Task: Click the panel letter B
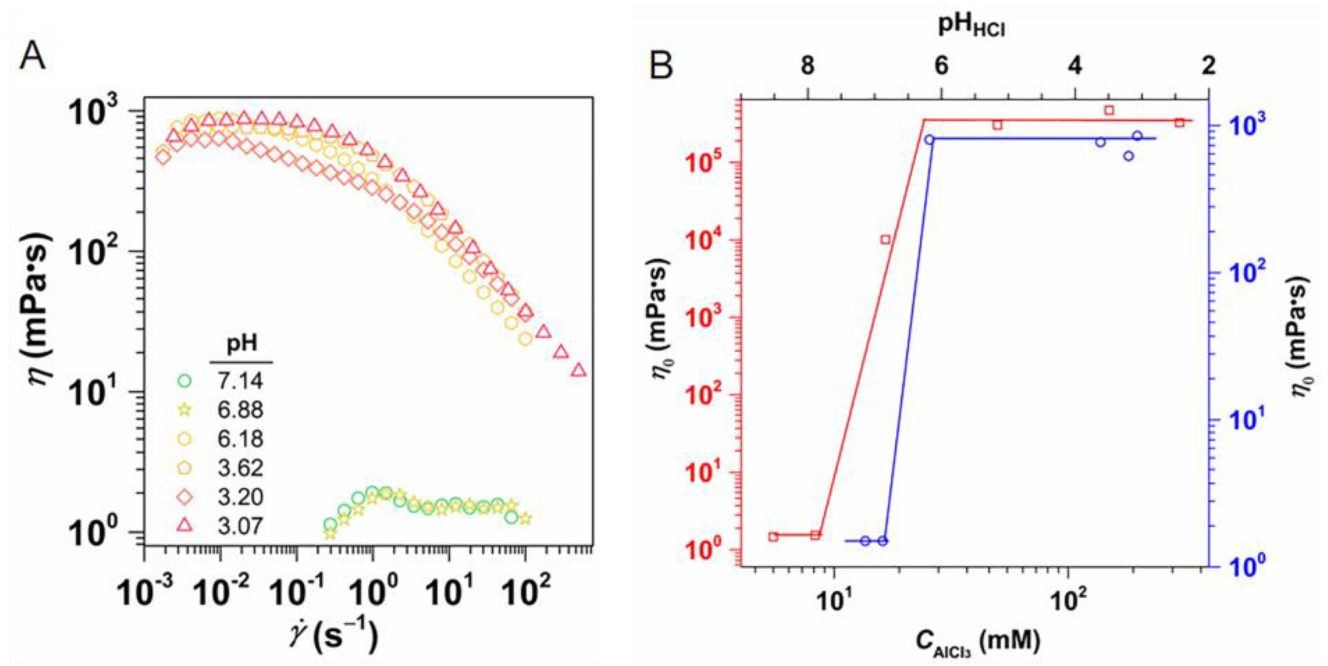[x=661, y=66]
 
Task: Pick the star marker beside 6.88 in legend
[x=184, y=411]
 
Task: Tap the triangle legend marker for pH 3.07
[x=184, y=526]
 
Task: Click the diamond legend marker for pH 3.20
[x=184, y=497]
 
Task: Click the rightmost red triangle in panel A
[x=579, y=370]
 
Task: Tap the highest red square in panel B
[x=1109, y=110]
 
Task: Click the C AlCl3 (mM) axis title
[x=977, y=641]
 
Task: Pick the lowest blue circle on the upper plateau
[x=1128, y=156]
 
